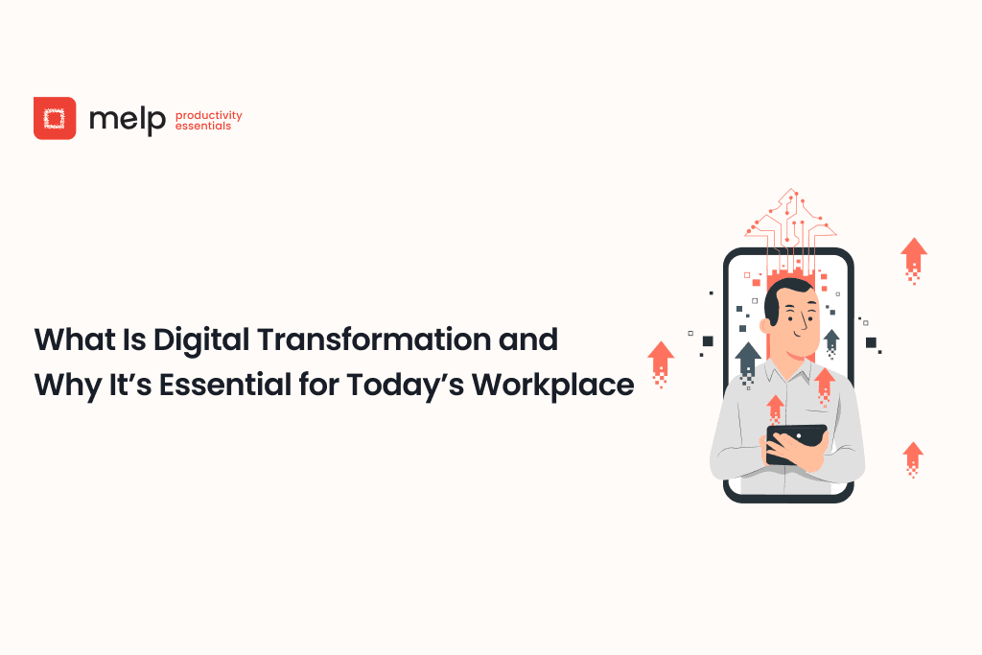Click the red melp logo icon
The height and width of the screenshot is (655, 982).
coord(55,118)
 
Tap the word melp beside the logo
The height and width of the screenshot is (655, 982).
coord(127,119)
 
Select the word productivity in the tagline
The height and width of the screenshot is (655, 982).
coord(208,115)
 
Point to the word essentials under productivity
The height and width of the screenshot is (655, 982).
coord(202,126)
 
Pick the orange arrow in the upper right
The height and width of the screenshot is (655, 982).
coord(914,254)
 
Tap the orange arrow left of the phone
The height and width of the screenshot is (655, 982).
coord(661,359)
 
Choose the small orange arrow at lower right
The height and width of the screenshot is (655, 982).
coord(913,455)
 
